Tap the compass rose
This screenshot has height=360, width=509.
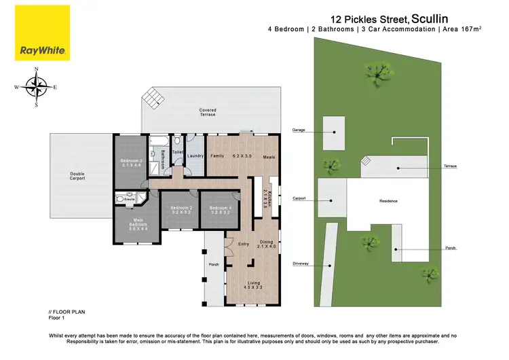coord(37,87)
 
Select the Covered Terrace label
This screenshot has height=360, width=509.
coord(208,112)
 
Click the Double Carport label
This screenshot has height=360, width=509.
coord(77,176)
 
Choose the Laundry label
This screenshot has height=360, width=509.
coord(195,156)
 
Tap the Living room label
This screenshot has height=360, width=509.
coord(254,283)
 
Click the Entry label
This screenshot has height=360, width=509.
coord(232,242)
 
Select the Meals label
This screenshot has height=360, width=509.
coord(269,156)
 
